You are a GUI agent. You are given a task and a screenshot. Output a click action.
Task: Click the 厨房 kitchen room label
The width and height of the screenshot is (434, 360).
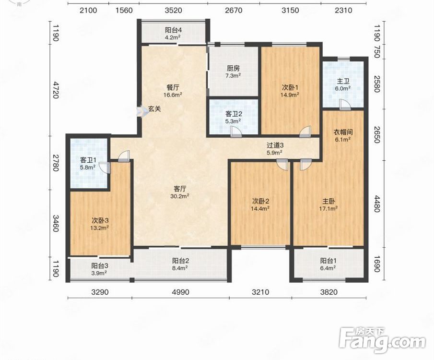coord(234,68)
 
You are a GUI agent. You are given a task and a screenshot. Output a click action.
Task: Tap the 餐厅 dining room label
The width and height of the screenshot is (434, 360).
coord(173,87)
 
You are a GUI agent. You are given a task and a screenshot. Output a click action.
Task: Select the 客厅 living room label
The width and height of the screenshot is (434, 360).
coord(180,189)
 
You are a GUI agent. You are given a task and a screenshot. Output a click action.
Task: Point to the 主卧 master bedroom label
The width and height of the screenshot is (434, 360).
coord(328,201)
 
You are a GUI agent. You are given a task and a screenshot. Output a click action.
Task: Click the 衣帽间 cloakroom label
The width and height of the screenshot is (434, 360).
coord(343,132)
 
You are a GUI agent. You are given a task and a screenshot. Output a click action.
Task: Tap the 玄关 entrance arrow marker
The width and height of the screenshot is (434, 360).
coord(141,111)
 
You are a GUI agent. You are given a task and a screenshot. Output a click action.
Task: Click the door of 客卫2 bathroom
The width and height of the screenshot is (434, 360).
coord(236,132)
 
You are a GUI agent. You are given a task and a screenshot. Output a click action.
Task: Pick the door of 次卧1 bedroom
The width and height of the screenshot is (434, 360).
coord(305,132)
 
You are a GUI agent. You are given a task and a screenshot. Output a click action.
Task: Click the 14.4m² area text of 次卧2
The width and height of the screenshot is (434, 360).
coord(260,208)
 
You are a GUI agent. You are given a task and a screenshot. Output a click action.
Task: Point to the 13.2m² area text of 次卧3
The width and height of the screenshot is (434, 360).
coord(100,228)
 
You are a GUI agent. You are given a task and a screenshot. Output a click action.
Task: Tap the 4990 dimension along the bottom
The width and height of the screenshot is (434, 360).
coord(180,292)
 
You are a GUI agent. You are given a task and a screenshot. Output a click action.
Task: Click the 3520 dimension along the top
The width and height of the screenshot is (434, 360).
coord(173,11)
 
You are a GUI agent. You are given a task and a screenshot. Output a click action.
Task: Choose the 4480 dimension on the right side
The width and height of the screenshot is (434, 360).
coord(377,204)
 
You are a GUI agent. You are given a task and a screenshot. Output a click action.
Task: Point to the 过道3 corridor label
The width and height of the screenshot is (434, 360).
coord(275,145)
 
